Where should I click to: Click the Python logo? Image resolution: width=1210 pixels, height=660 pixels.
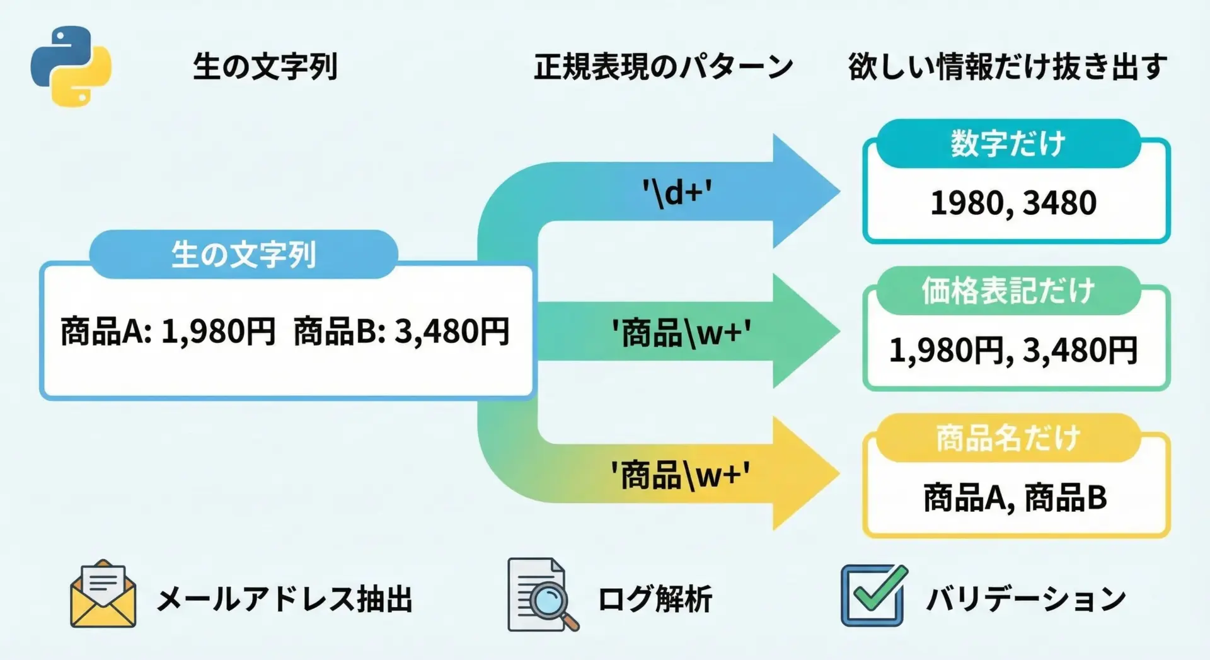click(x=71, y=66)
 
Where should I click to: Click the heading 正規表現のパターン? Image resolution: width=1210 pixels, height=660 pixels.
click(x=663, y=67)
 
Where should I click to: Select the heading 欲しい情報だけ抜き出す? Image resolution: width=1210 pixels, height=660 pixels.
click(x=1008, y=67)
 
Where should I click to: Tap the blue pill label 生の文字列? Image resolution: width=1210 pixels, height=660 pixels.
click(x=244, y=255)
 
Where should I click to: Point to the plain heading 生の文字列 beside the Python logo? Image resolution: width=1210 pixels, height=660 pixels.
click(x=265, y=67)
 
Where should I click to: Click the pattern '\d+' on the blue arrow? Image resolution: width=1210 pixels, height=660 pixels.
click(x=677, y=193)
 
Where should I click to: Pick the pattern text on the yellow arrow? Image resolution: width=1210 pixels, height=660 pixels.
click(x=681, y=475)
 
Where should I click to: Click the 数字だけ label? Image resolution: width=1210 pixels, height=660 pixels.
click(x=1008, y=144)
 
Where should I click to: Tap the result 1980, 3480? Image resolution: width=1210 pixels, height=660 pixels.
click(x=1013, y=203)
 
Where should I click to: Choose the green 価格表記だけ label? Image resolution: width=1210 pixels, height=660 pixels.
click(x=1008, y=291)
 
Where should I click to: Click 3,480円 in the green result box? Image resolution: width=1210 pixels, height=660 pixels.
click(x=1080, y=350)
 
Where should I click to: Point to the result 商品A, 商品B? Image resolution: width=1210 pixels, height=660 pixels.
click(x=1015, y=498)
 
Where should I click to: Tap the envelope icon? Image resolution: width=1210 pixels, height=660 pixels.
click(x=103, y=594)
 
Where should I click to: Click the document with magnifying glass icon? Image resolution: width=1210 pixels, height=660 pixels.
click(x=543, y=594)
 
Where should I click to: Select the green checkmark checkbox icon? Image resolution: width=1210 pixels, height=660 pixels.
click(x=874, y=595)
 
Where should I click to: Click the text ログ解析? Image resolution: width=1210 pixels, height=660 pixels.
click(x=655, y=599)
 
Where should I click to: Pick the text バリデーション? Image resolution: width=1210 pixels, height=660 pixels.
click(x=1026, y=599)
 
